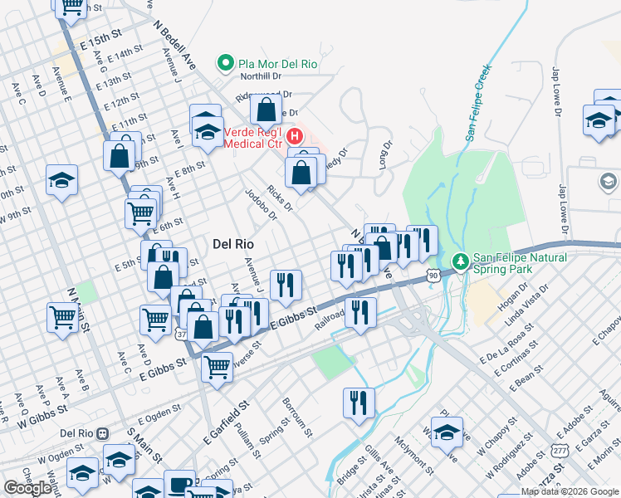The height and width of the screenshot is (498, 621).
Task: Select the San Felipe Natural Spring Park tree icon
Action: click(x=461, y=262)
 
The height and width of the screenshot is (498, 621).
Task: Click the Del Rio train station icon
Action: click(x=102, y=433)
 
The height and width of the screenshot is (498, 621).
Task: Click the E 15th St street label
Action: click(x=96, y=40)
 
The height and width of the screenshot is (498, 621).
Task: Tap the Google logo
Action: click(x=27, y=489)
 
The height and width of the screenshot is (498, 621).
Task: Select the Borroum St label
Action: click(x=296, y=417)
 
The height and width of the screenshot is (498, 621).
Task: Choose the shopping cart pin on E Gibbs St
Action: click(x=217, y=365)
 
